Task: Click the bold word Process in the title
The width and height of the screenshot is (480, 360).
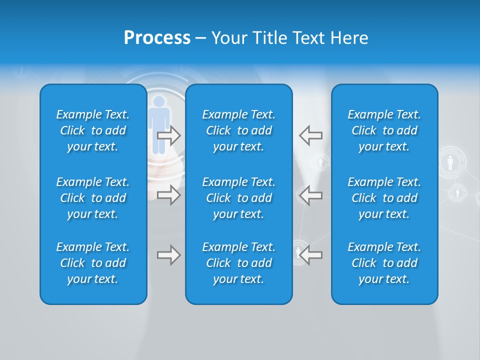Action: [x=157, y=38]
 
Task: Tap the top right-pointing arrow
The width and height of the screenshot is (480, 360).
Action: [x=168, y=135]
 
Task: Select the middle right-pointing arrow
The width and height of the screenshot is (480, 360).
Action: [x=168, y=195]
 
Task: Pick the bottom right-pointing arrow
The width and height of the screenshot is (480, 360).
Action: [x=168, y=255]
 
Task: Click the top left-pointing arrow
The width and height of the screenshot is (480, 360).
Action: [x=311, y=135]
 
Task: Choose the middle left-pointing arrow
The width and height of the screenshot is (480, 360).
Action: [x=311, y=195]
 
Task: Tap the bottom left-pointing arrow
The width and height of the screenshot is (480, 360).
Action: [x=311, y=255]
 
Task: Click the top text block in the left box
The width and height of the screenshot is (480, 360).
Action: [x=93, y=130]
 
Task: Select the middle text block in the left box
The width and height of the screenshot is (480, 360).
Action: [x=93, y=198]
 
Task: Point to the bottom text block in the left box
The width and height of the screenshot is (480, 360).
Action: [x=93, y=263]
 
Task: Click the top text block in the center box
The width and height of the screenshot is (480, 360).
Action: [x=239, y=130]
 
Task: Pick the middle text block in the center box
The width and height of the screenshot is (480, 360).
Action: [x=239, y=198]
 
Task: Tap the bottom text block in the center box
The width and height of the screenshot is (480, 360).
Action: [x=239, y=263]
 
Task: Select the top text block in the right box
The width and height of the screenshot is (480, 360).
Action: [x=384, y=130]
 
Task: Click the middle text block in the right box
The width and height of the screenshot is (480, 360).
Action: [x=384, y=198]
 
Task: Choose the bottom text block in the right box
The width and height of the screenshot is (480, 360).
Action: [x=384, y=263]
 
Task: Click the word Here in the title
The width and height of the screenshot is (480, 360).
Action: [x=349, y=38]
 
